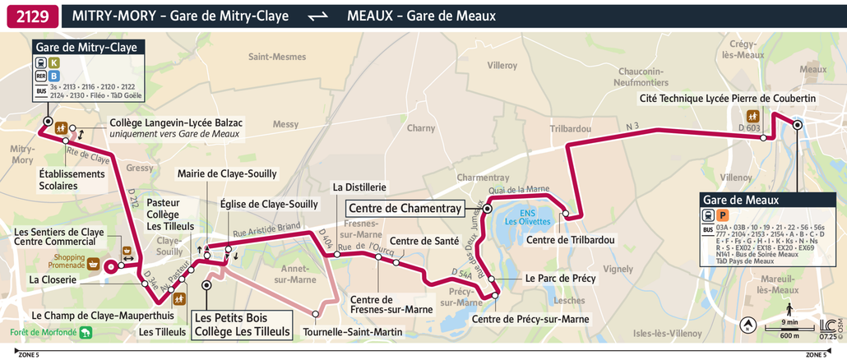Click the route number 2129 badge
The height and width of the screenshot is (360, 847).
tap(32, 15)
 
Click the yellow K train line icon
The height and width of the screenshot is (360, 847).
tap(54, 62)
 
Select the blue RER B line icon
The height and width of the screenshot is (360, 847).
tap(54, 76)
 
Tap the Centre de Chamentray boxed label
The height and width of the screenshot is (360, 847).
tap(405, 207)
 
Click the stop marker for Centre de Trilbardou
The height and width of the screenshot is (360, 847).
tap(566, 215)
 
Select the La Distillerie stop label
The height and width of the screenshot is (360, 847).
tap(359, 187)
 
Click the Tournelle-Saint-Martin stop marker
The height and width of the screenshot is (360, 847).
tap(316, 313)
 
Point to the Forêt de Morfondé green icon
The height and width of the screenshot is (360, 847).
tap(86, 333)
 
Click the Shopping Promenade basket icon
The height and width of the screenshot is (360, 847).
tap(95, 265)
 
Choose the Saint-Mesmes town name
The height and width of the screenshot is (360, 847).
tap(277, 57)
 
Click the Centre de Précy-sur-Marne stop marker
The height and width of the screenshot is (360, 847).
tap(495, 294)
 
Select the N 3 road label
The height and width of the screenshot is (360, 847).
tap(632, 126)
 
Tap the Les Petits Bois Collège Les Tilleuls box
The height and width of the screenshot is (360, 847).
tap(241, 325)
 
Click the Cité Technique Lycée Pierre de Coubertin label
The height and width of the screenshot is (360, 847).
tap(727, 99)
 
